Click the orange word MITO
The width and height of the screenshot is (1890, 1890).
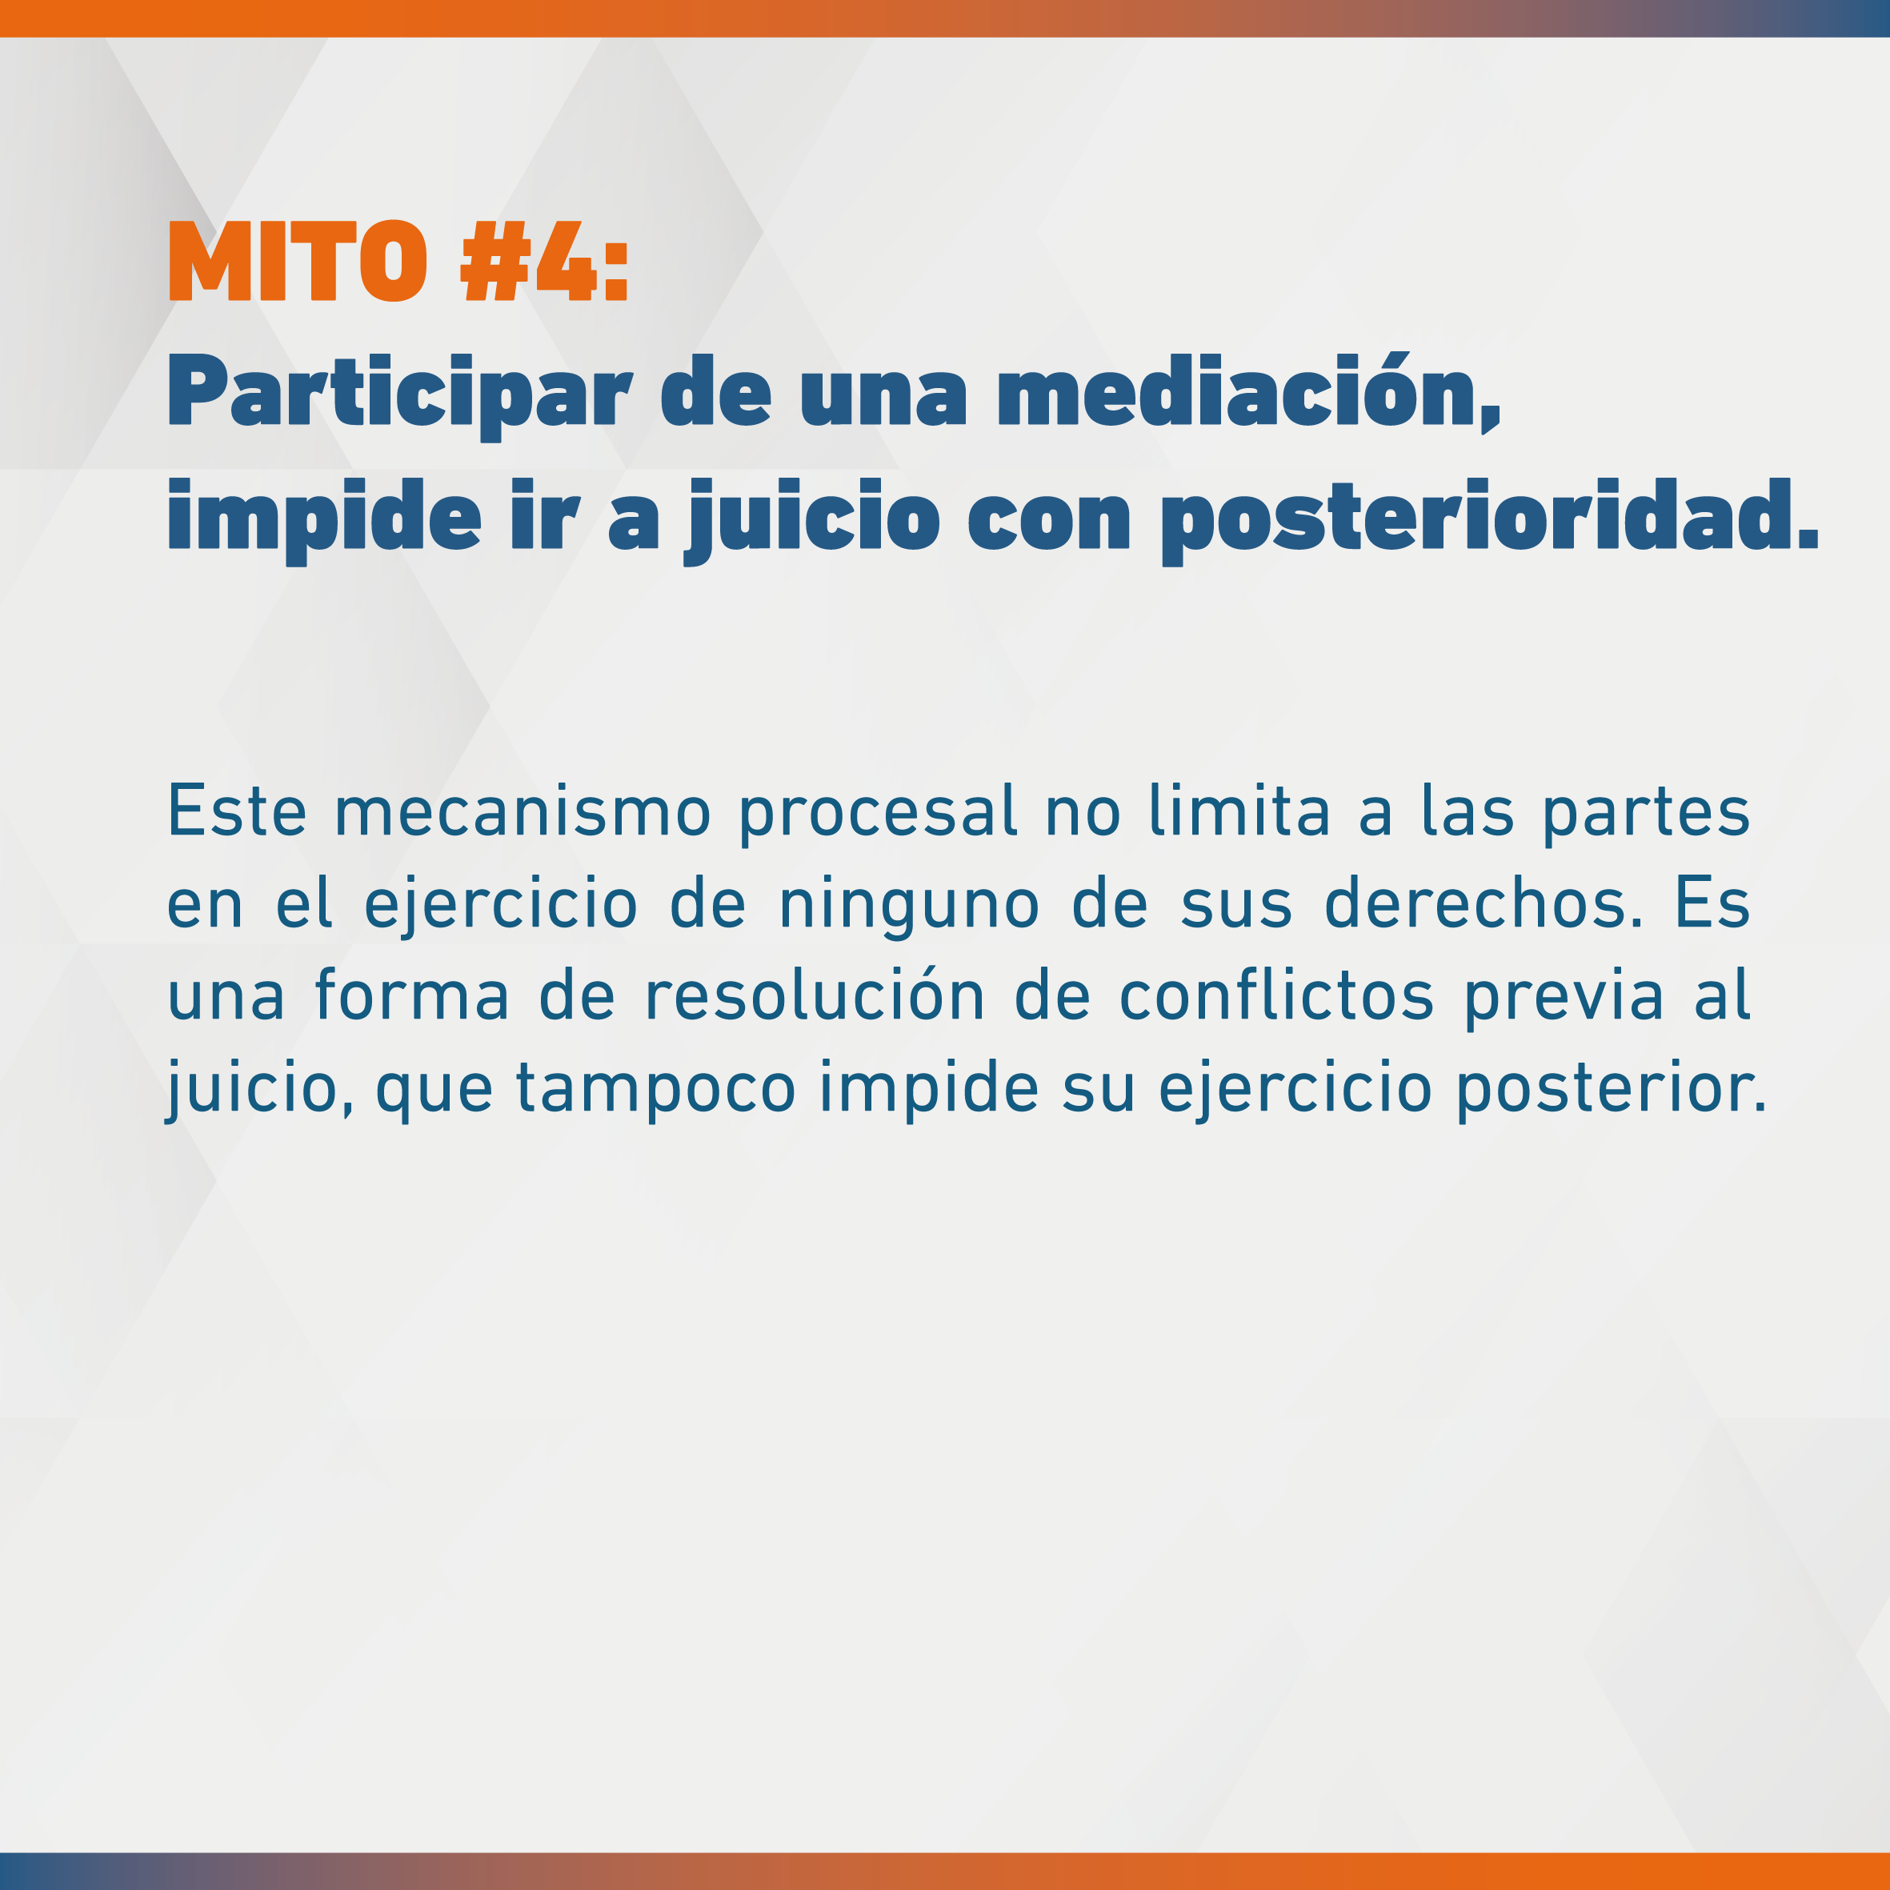click(x=298, y=260)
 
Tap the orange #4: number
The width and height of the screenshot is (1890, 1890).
click(x=545, y=260)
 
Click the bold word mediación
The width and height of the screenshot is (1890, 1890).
click(x=1247, y=391)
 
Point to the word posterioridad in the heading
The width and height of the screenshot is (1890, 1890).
click(x=1490, y=519)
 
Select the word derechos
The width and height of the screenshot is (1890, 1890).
click(x=1484, y=902)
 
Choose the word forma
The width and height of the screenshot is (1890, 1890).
click(x=412, y=994)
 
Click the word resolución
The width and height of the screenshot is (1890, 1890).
click(x=815, y=994)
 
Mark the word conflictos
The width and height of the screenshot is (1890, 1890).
click(x=1276, y=994)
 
